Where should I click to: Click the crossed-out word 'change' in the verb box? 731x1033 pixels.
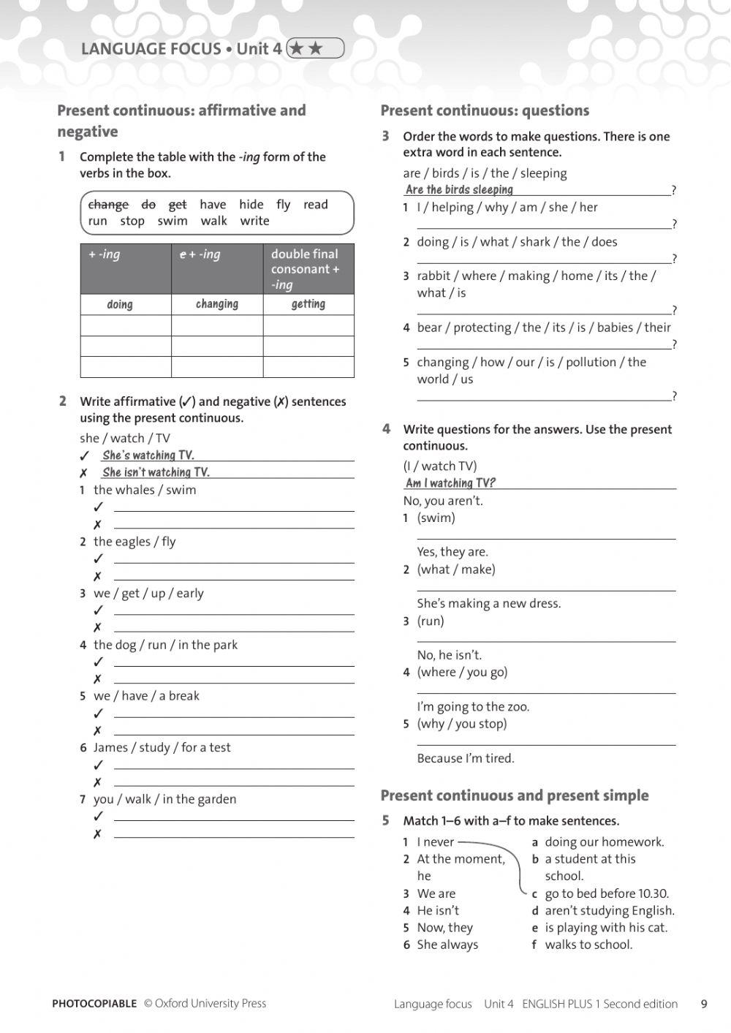click(x=108, y=205)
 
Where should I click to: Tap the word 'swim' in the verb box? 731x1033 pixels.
click(x=173, y=221)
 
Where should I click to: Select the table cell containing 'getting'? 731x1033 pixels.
click(x=308, y=304)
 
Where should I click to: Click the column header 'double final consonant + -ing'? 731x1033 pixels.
click(x=308, y=269)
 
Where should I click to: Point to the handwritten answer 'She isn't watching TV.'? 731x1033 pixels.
click(x=156, y=472)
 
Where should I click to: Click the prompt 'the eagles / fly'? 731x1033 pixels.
click(x=135, y=542)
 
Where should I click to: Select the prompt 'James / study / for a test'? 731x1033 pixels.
click(x=162, y=747)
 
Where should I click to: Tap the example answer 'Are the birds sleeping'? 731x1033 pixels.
click(x=459, y=190)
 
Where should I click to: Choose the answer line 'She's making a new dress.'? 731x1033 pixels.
click(x=488, y=603)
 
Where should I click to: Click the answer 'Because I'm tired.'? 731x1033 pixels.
click(x=466, y=758)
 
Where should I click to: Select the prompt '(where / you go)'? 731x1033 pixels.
click(x=462, y=672)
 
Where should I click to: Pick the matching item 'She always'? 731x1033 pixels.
click(x=447, y=945)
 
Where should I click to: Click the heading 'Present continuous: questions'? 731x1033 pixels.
click(x=485, y=110)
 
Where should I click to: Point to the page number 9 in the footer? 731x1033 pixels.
click(x=704, y=1004)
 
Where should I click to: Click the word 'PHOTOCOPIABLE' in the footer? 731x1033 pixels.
click(x=94, y=1004)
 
